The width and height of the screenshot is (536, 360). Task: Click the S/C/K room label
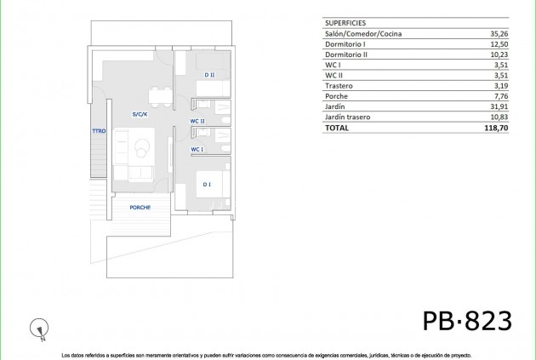140,114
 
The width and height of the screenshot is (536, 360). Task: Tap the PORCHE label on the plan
140,208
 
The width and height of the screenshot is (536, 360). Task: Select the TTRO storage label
99,131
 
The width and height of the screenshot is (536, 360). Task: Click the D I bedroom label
207,184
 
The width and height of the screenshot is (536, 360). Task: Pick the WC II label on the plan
197,121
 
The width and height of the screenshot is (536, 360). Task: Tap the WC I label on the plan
197,149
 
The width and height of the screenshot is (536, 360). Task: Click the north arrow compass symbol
37,325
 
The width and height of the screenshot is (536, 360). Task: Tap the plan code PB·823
467,321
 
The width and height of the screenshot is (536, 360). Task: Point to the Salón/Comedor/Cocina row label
363,34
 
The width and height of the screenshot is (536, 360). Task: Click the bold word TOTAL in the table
337,128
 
